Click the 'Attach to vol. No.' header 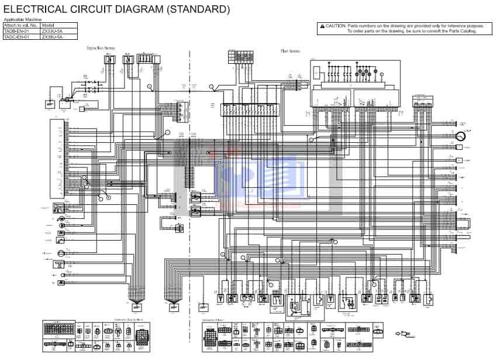coord(21,25)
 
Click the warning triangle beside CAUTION coord(322,26)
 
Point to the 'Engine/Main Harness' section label coord(101,48)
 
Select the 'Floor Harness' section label coord(290,51)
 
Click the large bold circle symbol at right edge coord(460,136)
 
